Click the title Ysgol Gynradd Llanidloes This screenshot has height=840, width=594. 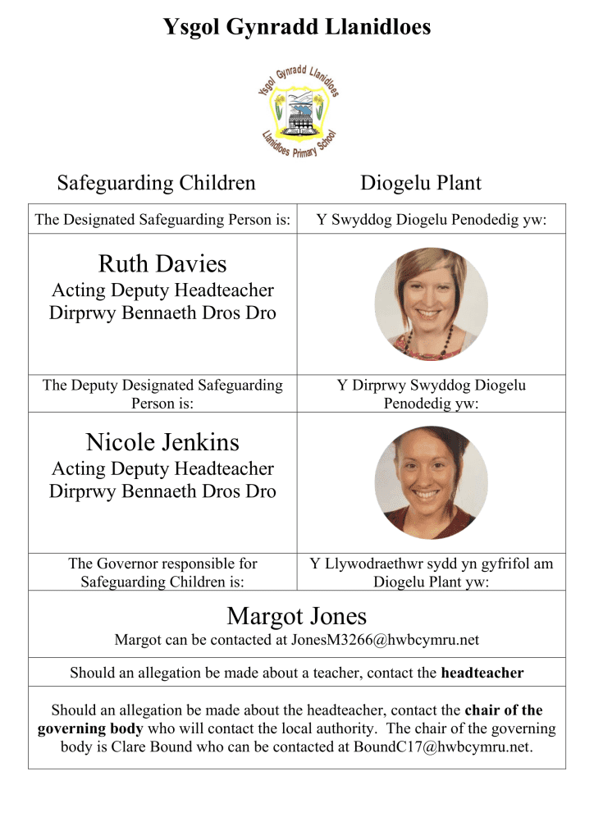[x=297, y=28]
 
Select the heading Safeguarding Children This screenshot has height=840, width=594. [x=156, y=182]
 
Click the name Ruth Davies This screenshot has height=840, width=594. [x=162, y=264]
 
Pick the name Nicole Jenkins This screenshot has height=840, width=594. [x=162, y=443]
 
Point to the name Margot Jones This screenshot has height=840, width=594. [x=297, y=616]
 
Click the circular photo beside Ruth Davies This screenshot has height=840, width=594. [x=431, y=304]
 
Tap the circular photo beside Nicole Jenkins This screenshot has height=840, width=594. [x=431, y=482]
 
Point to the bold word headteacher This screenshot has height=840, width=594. [x=482, y=673]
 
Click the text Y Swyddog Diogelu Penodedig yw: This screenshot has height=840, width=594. [x=432, y=220]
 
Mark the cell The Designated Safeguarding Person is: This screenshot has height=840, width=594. [x=162, y=220]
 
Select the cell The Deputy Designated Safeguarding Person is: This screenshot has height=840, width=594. [x=162, y=394]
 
